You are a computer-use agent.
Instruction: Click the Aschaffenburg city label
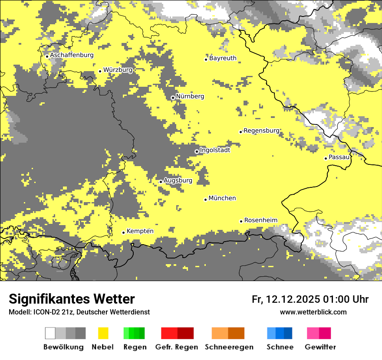click(x=72, y=55)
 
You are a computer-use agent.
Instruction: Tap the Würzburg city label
click(x=118, y=69)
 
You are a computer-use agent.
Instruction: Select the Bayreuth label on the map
click(x=223, y=58)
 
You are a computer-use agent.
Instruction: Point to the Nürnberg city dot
click(x=173, y=98)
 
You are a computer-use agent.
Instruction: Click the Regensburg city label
click(x=261, y=131)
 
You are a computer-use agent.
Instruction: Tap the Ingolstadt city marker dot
click(x=197, y=151)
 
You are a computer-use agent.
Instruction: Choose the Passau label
click(x=339, y=157)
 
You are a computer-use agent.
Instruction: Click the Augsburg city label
click(x=178, y=180)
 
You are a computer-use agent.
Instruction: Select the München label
click(x=222, y=198)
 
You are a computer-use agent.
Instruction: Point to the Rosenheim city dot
click(x=241, y=221)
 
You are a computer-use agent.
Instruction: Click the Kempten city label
click(x=140, y=231)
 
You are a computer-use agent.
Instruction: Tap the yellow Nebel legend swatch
click(x=103, y=333)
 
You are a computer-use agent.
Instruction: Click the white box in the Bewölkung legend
click(x=50, y=333)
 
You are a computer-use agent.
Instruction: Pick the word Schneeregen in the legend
click(x=229, y=347)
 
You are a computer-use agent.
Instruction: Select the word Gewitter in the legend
click(x=320, y=347)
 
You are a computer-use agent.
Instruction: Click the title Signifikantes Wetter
click(x=72, y=299)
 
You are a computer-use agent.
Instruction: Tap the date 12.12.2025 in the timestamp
click(x=293, y=299)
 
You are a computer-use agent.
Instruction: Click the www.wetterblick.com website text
click(x=313, y=312)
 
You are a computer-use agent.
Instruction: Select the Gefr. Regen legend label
click(x=177, y=347)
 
